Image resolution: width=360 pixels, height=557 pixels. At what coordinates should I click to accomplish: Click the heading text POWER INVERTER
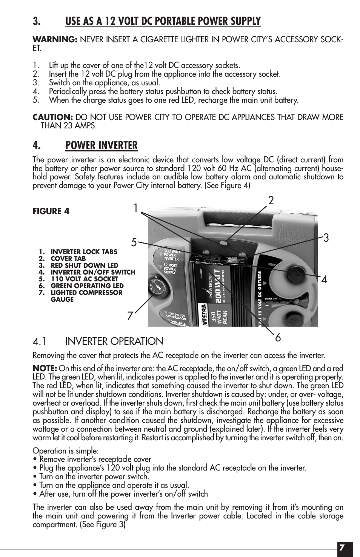101,145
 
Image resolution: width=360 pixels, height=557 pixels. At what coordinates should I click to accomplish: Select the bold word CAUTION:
52,117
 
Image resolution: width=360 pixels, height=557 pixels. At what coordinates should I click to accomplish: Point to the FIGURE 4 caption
51,211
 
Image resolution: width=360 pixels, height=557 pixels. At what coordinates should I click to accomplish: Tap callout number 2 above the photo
271,201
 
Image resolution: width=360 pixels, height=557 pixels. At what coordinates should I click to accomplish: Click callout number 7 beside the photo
130,315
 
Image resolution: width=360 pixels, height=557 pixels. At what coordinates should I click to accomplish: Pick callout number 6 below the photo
278,338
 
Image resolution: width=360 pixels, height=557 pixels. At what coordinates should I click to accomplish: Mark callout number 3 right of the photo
326,238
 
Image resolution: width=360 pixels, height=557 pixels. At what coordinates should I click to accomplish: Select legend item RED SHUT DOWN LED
84,265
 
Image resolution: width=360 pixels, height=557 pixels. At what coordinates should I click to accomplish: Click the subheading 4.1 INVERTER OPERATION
98,341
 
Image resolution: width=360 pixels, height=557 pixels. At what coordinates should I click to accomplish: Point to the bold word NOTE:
45,368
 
